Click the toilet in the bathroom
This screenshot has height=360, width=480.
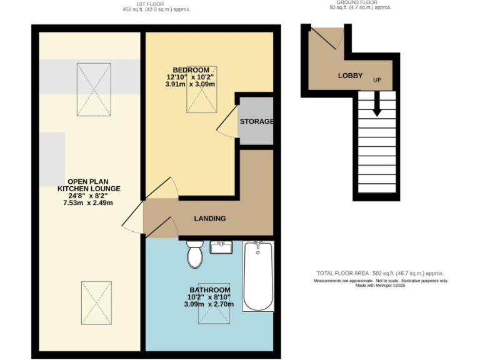coord(194,254)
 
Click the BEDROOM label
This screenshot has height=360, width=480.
coord(191,69)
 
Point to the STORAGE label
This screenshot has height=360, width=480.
coord(256,121)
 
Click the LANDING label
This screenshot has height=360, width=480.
coord(210,219)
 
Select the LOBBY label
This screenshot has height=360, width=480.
coord(350,76)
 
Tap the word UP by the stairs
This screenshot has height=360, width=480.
coord(377,81)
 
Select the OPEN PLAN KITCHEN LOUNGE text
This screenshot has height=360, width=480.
coord(89,188)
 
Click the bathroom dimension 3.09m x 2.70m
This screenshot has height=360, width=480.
coord(209,305)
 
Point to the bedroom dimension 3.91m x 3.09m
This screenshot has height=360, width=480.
coord(190,84)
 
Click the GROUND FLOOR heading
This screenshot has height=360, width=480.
coord(360,2)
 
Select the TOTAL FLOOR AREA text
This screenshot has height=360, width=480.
coord(381,274)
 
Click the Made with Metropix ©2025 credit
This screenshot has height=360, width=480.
coord(381,286)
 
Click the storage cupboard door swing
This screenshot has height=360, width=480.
coord(226,121)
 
